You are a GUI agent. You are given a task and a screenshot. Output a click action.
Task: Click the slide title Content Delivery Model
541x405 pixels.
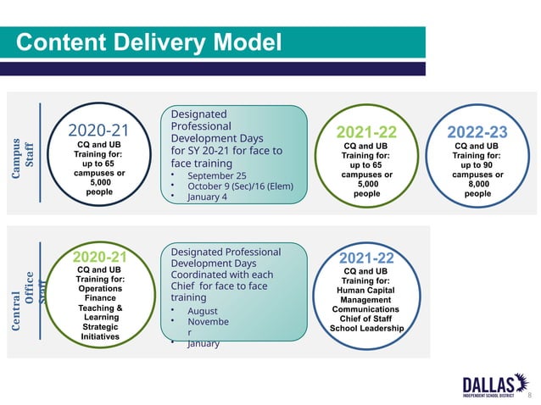[x=148, y=42]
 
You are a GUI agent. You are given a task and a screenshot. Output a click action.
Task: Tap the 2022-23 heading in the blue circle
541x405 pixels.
[x=477, y=132]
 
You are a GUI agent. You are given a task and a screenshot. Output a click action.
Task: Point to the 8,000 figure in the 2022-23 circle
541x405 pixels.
[x=477, y=183]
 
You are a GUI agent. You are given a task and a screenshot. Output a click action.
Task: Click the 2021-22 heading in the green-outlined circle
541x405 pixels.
[x=367, y=132]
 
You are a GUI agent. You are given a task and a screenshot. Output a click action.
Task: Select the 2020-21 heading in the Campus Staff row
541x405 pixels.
[x=99, y=130]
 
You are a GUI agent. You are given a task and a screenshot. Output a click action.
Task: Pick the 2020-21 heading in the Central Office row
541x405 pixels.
[x=100, y=257]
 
